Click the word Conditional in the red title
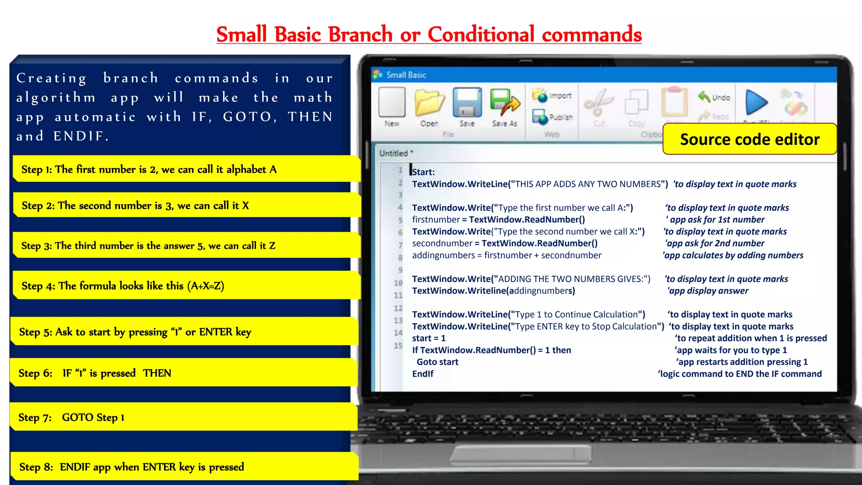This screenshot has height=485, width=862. point(481,35)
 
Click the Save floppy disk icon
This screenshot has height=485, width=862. point(467,102)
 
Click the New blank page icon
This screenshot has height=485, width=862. point(391,102)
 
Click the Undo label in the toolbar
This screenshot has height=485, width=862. point(721,98)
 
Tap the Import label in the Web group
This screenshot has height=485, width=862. point(560,96)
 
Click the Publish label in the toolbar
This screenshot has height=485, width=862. point(561,117)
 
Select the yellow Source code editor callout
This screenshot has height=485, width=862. point(749,139)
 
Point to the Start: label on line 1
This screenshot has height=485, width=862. point(423,172)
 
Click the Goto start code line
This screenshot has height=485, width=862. point(437,362)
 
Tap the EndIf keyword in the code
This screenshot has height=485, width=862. point(423,374)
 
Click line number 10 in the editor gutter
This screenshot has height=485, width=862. point(398,283)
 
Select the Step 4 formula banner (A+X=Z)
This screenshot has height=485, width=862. point(185,286)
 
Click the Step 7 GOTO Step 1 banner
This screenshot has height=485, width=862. point(183,417)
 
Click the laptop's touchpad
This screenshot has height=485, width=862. point(520,454)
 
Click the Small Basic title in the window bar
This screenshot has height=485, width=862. point(406,75)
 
